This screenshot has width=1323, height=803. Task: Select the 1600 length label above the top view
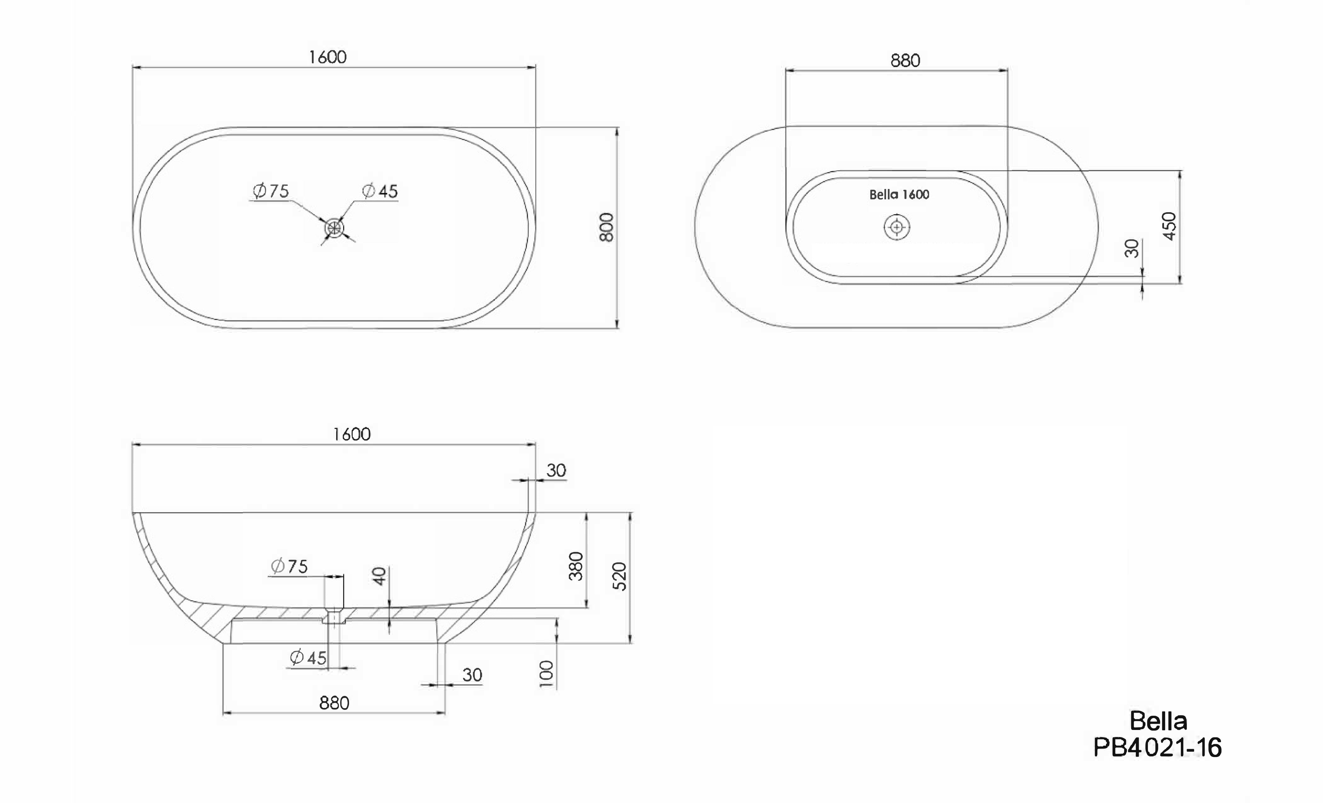[328, 57]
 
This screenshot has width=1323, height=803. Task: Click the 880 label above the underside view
[905, 61]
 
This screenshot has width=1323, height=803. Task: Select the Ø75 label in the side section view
[290, 566]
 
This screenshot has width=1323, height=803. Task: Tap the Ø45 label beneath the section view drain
[308, 658]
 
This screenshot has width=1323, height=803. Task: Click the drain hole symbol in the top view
[334, 228]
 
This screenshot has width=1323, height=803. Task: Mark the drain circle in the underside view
[897, 227]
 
